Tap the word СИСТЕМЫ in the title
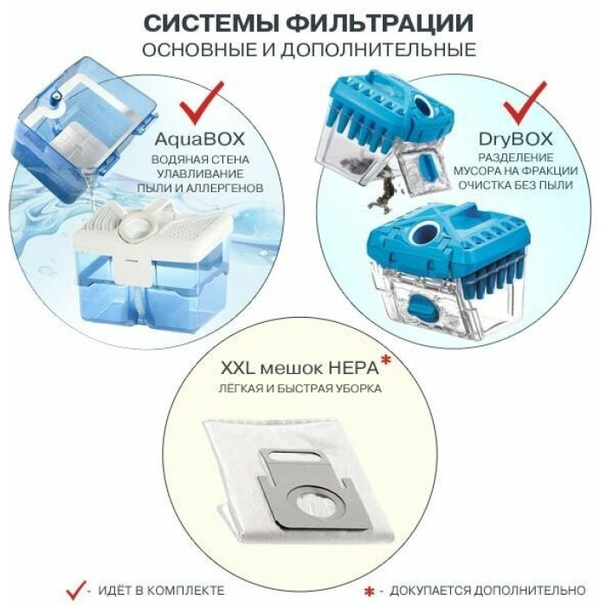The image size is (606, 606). pos(211,23)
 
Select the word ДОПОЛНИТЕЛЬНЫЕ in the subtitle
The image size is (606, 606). pos(378,50)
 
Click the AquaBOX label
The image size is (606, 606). pos(200,139)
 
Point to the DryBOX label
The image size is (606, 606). pos(516,139)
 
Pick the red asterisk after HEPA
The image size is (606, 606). pos(386,361)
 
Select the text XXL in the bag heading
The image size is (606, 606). pos(238,368)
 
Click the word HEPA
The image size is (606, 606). pos(353,368)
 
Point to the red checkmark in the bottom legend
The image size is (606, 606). pos(76,590)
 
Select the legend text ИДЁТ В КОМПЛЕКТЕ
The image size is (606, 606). pos(161,590)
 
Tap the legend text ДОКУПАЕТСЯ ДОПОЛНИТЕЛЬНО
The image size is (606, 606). pos(487,591)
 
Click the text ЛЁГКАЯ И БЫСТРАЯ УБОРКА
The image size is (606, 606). pos(300,388)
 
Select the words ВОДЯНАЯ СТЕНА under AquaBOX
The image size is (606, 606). pos(200,159)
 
